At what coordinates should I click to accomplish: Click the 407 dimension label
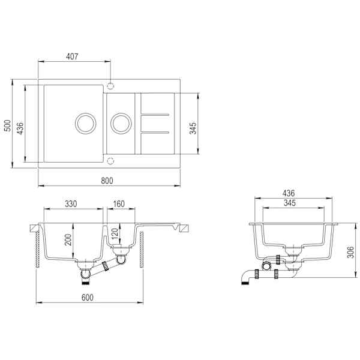(72, 56)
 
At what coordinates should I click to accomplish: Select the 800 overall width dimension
(107, 181)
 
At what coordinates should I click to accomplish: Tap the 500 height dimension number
(8, 125)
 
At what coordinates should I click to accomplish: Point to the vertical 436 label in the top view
(20, 128)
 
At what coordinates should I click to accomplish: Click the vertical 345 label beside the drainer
(193, 128)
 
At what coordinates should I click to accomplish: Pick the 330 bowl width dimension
(71, 204)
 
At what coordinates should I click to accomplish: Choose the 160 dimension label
(119, 204)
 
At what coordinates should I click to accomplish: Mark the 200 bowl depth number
(68, 239)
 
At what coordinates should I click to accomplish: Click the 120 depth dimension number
(115, 233)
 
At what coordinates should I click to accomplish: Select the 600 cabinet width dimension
(87, 298)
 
